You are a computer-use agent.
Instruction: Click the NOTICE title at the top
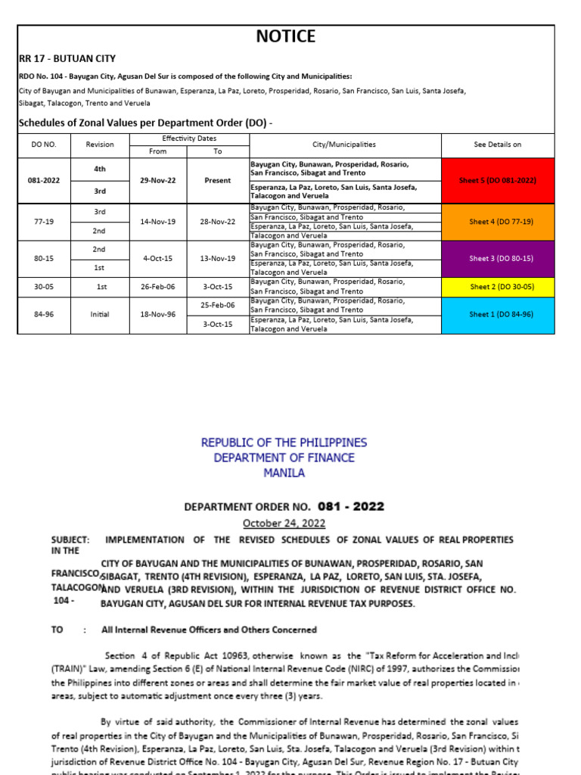pos(285,36)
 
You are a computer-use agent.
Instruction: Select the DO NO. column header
pos(43,145)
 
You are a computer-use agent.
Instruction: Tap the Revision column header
pos(100,145)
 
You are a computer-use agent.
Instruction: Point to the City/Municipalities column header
pos(344,145)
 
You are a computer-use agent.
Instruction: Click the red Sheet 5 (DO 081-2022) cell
pos(498,180)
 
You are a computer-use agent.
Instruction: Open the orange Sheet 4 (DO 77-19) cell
pos(498,221)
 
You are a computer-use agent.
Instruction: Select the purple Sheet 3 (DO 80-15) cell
pos(498,258)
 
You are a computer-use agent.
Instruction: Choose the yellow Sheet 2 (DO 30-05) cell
pos(498,286)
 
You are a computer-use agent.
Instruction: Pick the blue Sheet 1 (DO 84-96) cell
pos(498,314)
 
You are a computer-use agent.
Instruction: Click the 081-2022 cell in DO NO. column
pos(43,180)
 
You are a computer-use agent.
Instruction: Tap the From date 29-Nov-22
pos(158,180)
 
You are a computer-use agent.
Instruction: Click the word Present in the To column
pos(217,180)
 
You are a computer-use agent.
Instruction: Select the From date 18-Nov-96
pos(158,314)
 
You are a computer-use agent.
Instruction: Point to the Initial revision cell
pos(100,314)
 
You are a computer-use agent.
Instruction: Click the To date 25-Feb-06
pos(217,305)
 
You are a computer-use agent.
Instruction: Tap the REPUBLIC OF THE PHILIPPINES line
pos(284,442)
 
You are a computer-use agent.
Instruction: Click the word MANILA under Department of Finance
pos(284,472)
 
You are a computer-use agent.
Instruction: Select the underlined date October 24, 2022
pos(284,523)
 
